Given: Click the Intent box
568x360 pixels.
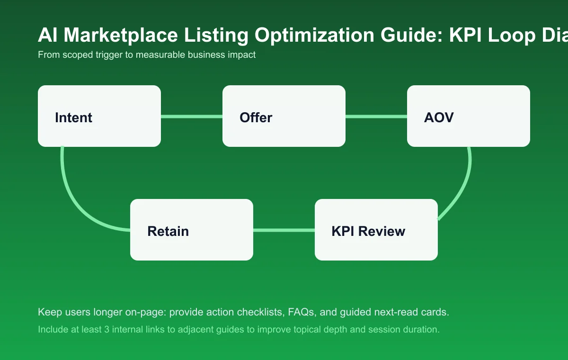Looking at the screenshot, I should (x=99, y=116).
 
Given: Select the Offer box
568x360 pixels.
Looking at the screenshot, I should (x=284, y=116).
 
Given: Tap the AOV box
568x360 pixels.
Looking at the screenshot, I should (x=469, y=116).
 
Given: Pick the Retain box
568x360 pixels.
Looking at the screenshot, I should (x=192, y=230).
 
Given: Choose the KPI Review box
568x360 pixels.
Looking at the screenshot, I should (x=376, y=230).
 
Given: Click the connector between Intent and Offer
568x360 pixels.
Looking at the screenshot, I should (x=192, y=116).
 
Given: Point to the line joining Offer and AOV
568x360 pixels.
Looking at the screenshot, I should (x=376, y=116).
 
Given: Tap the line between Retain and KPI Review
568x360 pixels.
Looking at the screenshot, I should (x=284, y=230).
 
